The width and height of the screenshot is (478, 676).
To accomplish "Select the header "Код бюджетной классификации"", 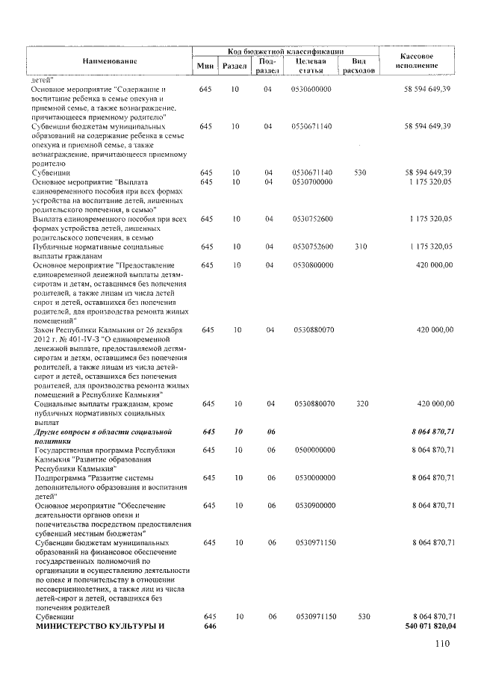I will coord(285,51).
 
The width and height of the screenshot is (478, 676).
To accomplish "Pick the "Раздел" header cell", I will coord(235,66).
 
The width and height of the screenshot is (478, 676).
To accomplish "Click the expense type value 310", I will coord(361,246).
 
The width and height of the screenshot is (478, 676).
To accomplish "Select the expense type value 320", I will coord(362,403).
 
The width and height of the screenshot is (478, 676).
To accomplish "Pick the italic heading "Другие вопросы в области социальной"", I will coord(104,432).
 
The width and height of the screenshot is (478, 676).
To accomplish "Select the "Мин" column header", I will coord(205,66).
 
